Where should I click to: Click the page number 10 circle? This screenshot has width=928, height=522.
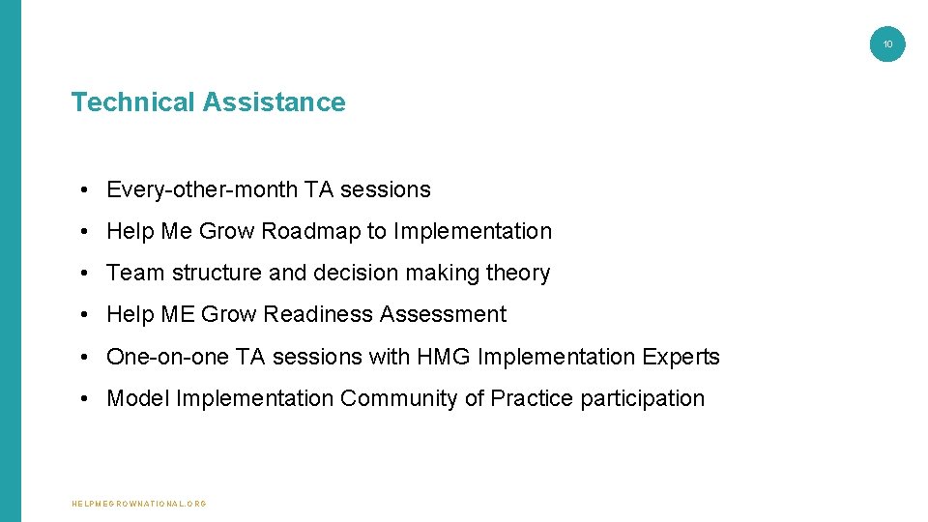point(887,43)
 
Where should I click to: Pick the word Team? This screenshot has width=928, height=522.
point(135,274)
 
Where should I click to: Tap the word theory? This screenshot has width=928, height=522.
point(518,274)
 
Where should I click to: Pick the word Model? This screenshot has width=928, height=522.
point(137,398)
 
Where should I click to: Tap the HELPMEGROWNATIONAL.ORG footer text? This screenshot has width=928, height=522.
point(140,504)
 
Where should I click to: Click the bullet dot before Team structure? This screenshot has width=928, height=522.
point(86,274)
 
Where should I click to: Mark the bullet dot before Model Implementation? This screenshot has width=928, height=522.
point(86,398)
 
